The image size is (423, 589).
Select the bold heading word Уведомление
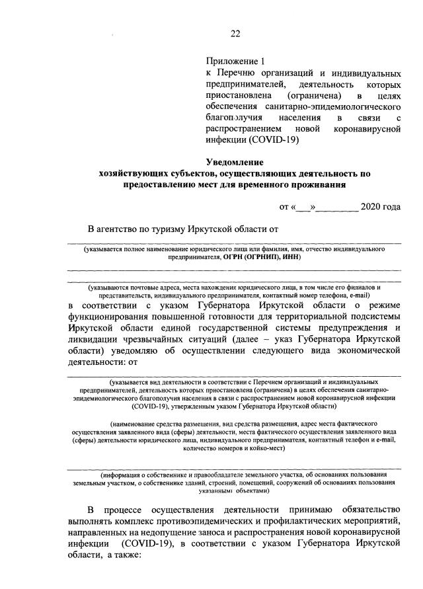234,162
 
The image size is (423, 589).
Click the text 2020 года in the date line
381,208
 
